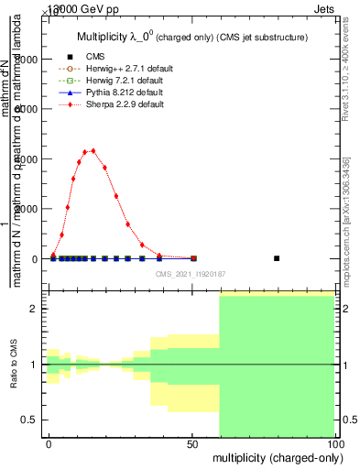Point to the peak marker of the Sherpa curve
(x=93, y=150)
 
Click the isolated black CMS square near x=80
(x=277, y=258)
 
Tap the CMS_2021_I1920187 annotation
(x=191, y=273)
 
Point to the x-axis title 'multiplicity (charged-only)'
(x=274, y=456)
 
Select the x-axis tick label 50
(x=191, y=443)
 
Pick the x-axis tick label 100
(x=333, y=443)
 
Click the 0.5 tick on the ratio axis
(x=34, y=420)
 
